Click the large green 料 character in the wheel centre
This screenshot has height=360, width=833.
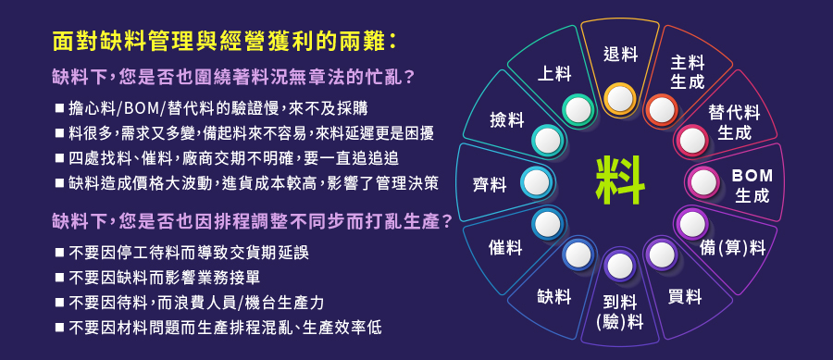coord(620,181)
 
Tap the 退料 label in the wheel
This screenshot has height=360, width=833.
coord(620,55)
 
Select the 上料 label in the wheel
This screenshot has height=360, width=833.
coord(554,74)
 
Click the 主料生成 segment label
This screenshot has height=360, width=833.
coord(687,73)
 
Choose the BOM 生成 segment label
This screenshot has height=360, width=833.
coord(752,185)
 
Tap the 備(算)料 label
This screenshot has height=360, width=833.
coord(733,247)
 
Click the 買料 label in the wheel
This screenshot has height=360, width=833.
coord(685,296)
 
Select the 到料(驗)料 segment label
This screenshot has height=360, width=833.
coord(620,312)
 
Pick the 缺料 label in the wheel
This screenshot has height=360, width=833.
coord(554,296)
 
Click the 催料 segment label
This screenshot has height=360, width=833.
coord(505,247)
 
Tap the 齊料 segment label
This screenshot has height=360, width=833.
coord(490,185)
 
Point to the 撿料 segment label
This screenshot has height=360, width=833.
coord(507,120)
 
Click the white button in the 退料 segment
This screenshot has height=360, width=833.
coord(620,98)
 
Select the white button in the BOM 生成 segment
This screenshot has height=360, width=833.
coord(702,182)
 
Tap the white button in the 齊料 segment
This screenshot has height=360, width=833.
coord(536,182)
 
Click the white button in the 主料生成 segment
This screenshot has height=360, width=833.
coord(662,109)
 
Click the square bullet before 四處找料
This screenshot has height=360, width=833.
coord(59,157)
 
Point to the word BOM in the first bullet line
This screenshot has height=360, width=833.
coord(139,108)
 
